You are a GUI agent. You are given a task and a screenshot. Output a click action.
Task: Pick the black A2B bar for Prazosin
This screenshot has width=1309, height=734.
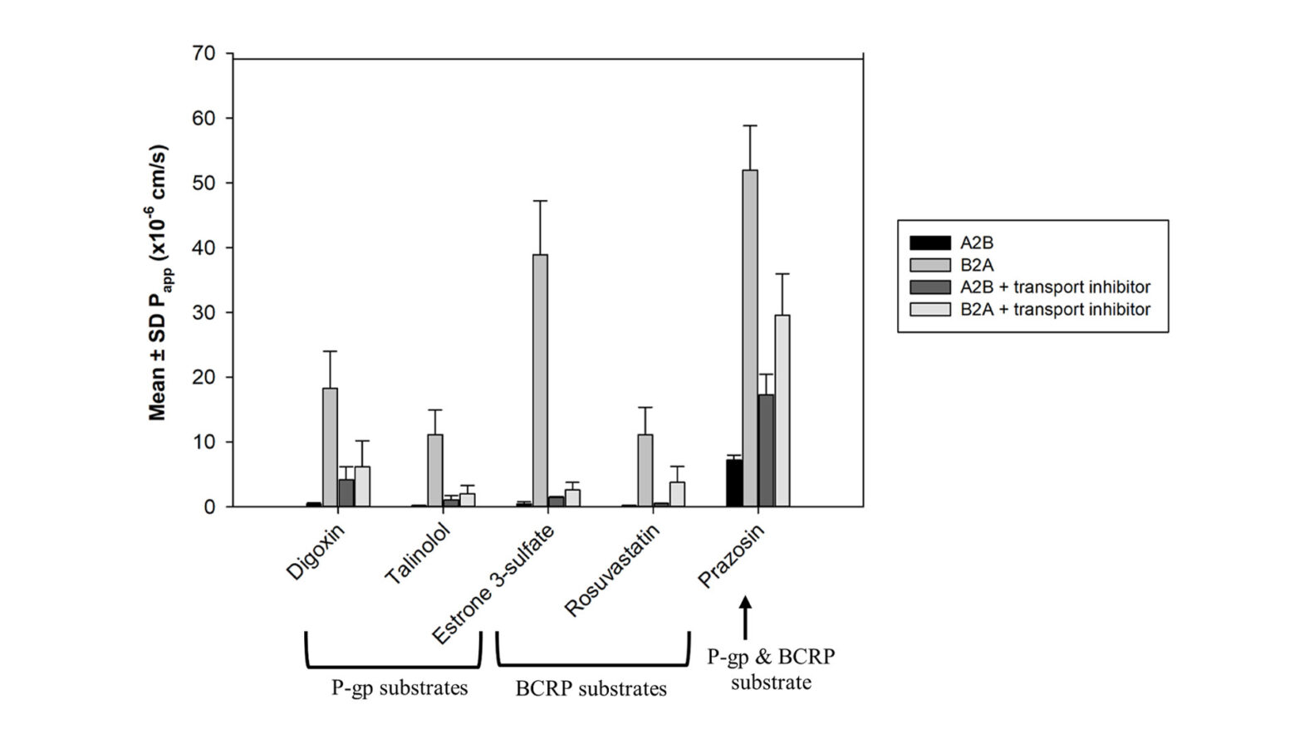click(x=734, y=483)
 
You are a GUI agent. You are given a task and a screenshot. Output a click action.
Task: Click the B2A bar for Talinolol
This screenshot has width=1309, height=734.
click(x=435, y=470)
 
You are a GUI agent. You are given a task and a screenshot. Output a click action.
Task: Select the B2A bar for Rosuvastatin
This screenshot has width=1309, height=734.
click(x=645, y=470)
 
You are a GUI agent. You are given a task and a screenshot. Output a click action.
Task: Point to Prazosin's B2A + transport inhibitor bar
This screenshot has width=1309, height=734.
click(x=782, y=411)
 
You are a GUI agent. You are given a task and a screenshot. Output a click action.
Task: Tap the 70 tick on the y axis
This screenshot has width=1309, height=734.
click(x=204, y=54)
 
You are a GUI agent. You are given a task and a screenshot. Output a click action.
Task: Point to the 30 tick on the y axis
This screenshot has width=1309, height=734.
click(x=204, y=313)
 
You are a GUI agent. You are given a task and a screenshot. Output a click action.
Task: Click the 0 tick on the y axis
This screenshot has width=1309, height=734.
click(x=209, y=507)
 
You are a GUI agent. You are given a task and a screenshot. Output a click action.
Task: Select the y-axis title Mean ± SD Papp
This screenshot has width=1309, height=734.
click(x=158, y=282)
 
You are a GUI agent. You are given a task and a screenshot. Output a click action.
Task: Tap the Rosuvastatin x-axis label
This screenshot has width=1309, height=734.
click(x=612, y=570)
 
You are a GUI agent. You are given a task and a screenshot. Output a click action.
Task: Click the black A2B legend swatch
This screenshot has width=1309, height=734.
click(x=930, y=243)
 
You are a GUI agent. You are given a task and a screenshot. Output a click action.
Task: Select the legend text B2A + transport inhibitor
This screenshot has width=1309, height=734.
click(x=1055, y=310)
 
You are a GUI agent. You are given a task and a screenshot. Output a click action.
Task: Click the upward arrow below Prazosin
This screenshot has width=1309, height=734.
click(x=745, y=616)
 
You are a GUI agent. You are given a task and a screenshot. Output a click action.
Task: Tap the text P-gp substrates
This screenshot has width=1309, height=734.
click(x=400, y=688)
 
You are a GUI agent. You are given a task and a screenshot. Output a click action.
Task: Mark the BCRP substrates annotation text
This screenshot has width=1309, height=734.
click(x=591, y=689)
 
